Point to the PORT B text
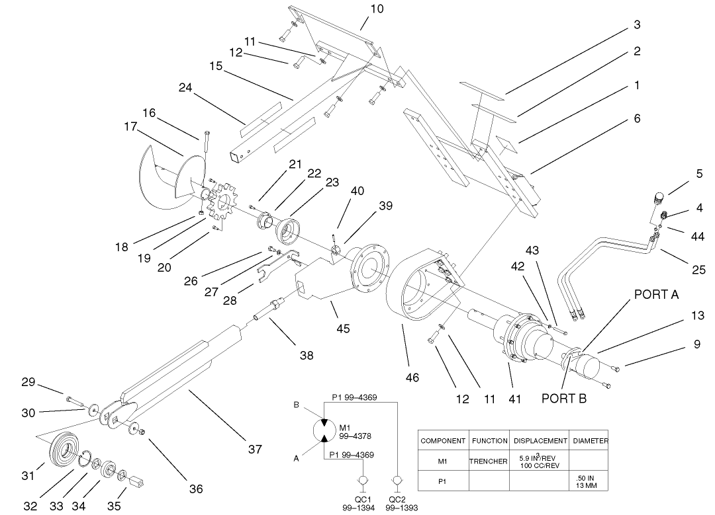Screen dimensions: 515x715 coord(563,398)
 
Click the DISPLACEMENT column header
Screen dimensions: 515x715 coord(540,440)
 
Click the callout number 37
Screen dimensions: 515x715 coord(255,449)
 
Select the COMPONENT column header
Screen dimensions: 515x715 coord(443,440)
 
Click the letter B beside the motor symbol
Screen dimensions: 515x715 coord(297,403)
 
